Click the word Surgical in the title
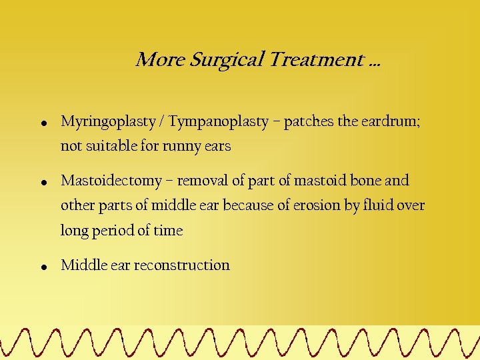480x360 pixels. point(227,60)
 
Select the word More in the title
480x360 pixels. point(160,60)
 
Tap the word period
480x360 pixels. point(111,231)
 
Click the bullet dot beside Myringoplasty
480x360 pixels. point(43,123)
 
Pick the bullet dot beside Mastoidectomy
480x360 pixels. point(43,181)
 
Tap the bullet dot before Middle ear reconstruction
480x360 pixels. point(43,266)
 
